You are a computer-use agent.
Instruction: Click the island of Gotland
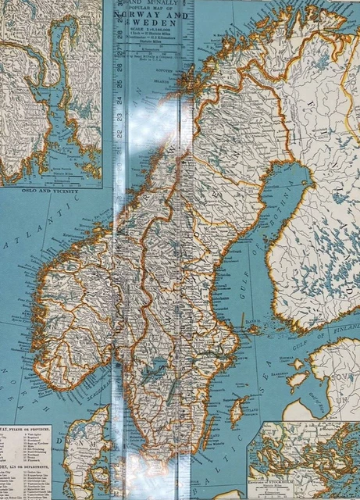click(x=237, y=410)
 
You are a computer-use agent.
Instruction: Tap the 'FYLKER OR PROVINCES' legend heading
click(x=31, y=428)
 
